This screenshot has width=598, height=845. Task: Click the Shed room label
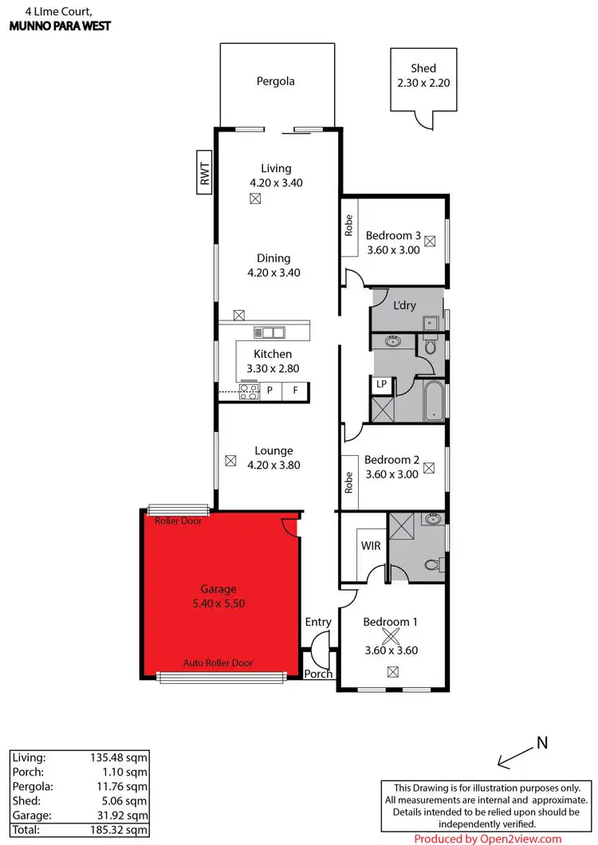pyautogui.click(x=423, y=69)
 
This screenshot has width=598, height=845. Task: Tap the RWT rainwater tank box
pyautogui.click(x=204, y=173)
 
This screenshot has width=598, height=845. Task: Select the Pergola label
pyautogui.click(x=276, y=81)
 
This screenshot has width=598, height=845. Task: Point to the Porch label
pyautogui.click(x=319, y=674)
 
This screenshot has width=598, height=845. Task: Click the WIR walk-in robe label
pyautogui.click(x=371, y=545)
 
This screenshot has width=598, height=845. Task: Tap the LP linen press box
pyautogui.click(x=382, y=384)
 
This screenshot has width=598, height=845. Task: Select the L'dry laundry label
pyautogui.click(x=405, y=305)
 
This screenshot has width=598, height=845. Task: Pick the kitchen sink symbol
pyautogui.click(x=269, y=332)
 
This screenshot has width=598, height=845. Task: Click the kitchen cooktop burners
pyautogui.click(x=249, y=391)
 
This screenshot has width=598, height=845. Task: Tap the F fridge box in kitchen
pyautogui.click(x=295, y=391)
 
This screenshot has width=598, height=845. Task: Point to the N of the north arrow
pyautogui.click(x=541, y=743)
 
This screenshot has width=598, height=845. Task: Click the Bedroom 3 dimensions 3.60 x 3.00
pyautogui.click(x=393, y=250)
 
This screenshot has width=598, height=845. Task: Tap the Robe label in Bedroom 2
pyautogui.click(x=348, y=483)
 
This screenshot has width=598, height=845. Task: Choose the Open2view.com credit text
pyautogui.click(x=488, y=838)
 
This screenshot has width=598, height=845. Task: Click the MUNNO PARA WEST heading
pyautogui.click(x=60, y=26)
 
